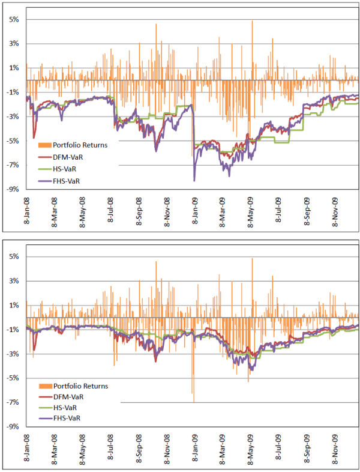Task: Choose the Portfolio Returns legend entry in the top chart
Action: pyautogui.click(x=80, y=144)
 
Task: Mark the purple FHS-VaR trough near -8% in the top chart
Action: pyautogui.click(x=194, y=180)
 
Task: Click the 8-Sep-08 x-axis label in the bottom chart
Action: pyautogui.click(x=139, y=450)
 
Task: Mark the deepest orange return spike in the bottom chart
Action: pyautogui.click(x=193, y=401)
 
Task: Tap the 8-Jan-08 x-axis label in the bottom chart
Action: pyautogui.click(x=26, y=450)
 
